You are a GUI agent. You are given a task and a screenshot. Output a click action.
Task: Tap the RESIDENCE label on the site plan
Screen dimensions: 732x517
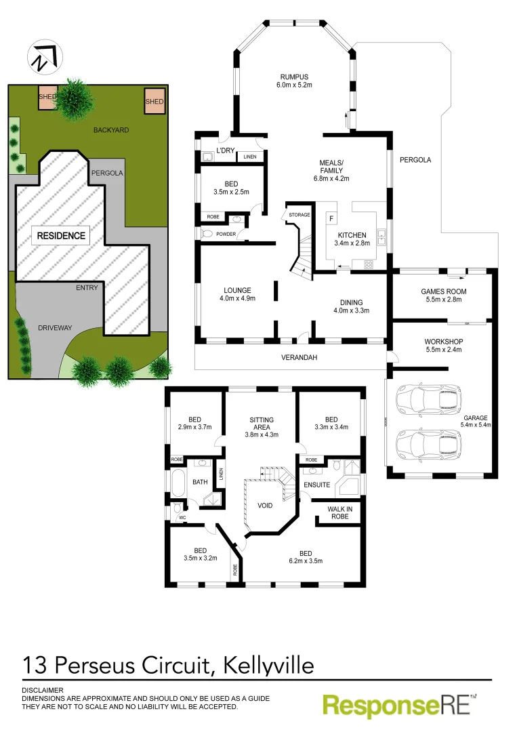click(61, 236)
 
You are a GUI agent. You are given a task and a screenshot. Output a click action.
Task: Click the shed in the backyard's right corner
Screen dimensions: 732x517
click(154, 102)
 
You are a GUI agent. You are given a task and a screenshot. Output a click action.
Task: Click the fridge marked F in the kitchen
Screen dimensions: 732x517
click(331, 218)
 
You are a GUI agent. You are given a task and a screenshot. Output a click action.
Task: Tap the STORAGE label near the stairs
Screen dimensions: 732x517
click(299, 215)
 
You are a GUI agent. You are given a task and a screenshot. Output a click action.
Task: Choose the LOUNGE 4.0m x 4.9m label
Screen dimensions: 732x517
click(237, 293)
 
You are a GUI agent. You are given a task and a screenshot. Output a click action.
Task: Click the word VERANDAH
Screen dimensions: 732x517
click(299, 357)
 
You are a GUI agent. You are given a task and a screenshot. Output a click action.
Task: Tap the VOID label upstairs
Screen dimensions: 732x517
click(266, 506)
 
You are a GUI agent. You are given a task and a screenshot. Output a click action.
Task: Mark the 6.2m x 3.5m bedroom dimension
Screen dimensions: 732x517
click(305, 561)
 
